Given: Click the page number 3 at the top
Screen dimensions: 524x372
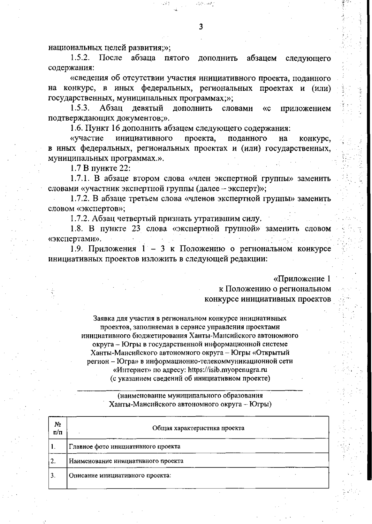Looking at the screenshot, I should point(201,27).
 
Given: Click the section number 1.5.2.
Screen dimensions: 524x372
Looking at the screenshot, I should point(80,58).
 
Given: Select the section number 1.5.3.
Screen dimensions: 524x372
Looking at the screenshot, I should point(80,108).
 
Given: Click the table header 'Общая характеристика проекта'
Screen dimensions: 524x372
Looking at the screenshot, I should point(198,428).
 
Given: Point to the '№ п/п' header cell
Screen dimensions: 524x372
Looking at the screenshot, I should point(58,428).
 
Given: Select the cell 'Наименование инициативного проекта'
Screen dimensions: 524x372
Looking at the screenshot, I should point(126,461).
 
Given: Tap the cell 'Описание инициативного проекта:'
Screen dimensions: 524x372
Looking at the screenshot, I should point(120,475).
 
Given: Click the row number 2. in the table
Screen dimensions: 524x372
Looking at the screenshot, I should point(53,461).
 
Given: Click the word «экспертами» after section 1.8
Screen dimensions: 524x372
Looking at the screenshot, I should point(75,239).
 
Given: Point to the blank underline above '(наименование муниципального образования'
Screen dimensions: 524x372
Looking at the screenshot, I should point(190,389).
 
